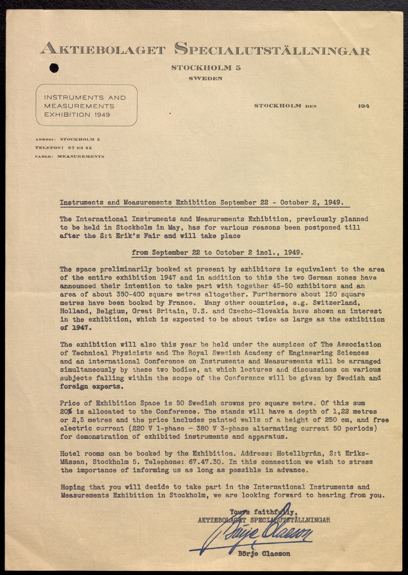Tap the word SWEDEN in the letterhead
pos(206,78)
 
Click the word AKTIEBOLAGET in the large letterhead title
pos(103,50)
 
